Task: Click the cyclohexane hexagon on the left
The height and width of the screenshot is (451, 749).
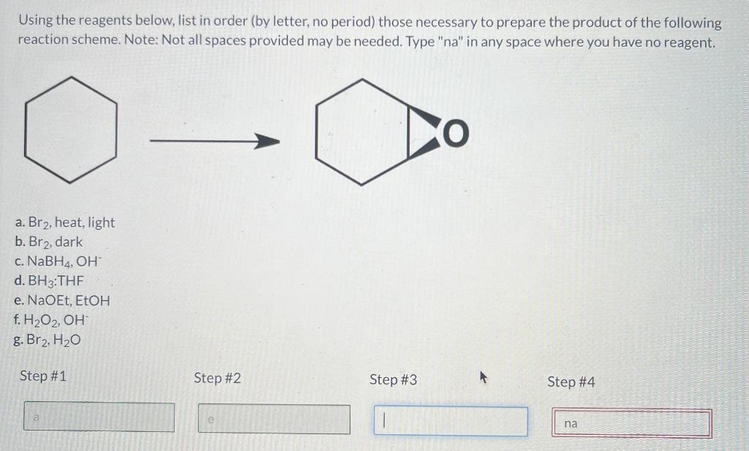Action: tap(70, 129)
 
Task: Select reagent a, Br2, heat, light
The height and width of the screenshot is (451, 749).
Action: tap(64, 223)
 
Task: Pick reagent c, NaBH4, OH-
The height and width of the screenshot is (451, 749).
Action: tap(59, 261)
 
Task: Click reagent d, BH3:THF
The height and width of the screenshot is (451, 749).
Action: tap(49, 280)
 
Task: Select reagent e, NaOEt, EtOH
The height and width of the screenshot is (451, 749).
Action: tap(62, 300)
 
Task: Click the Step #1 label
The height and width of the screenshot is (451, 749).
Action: tap(43, 376)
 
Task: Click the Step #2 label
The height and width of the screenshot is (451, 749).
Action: tap(217, 379)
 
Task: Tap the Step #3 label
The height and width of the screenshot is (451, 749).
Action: tap(394, 379)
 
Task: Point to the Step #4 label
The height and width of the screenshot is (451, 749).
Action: tap(571, 381)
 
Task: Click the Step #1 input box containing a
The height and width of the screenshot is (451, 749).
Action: tap(99, 417)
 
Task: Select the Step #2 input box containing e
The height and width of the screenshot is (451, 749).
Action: tap(274, 420)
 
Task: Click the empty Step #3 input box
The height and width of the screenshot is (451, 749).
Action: tap(451, 422)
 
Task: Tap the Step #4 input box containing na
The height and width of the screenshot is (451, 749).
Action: tap(631, 424)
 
